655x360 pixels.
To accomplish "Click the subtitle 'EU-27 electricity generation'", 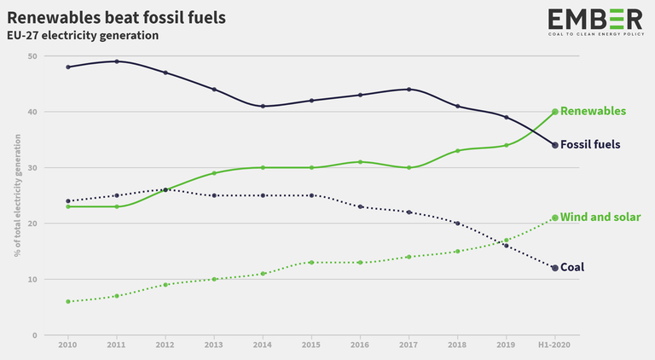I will click(x=82, y=36).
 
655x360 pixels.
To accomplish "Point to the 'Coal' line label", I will click(x=572, y=268).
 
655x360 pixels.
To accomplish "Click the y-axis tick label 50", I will click(x=32, y=56).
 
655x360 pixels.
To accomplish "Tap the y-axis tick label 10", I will click(x=32, y=280).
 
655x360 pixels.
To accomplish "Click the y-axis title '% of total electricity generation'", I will click(x=16, y=195).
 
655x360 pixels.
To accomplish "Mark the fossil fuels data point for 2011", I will click(x=117, y=61).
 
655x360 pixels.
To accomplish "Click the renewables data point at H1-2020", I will click(x=555, y=112).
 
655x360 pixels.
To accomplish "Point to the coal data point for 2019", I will click(x=507, y=246).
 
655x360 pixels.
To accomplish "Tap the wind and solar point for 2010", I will click(x=67, y=301).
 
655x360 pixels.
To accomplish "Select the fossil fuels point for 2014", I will click(x=263, y=106).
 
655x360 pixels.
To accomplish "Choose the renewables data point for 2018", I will click(x=458, y=151).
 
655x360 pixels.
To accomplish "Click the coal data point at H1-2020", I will click(x=555, y=268).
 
